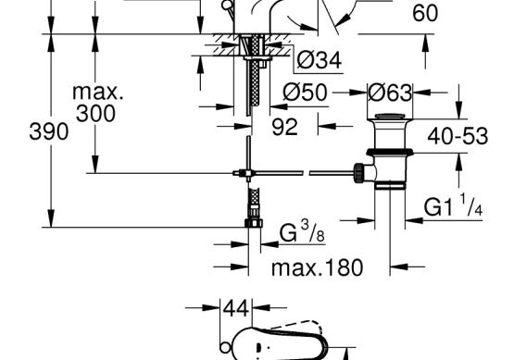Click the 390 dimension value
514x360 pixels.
49,131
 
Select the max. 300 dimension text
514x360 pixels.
97,103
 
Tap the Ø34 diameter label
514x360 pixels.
320,60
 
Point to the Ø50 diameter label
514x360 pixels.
306,92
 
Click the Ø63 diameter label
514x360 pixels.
390,93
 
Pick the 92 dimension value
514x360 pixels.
285,127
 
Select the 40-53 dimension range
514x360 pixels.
458,136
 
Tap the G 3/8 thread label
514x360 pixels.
302,231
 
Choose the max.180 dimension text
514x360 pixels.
318,267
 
